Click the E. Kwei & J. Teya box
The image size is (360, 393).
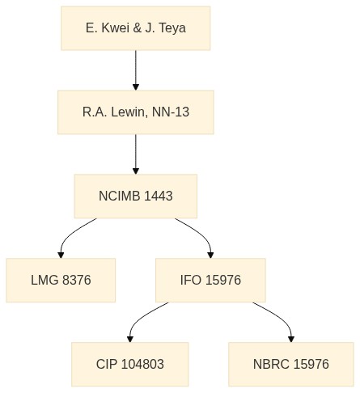coord(136,28)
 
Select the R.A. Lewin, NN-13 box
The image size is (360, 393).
coord(136,112)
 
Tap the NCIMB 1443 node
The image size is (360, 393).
coord(136,196)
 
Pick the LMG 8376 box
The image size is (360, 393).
coord(61,280)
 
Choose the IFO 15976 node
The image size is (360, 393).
coord(210,280)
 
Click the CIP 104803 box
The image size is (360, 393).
coord(130,364)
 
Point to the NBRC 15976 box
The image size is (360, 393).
coord(291,364)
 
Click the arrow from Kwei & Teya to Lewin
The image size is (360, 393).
coord(136,70)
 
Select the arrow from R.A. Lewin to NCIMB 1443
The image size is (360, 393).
coord(136,154)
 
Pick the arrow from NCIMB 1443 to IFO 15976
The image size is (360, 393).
coord(201,234)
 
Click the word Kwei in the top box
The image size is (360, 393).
coord(116,28)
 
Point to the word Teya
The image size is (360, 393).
coord(172,28)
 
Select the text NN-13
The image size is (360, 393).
coord(171,112)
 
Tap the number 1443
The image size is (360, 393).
coord(159,196)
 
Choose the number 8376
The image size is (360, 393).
coord(77,280)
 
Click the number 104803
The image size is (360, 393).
coord(142,364)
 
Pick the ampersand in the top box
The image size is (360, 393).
coord(138,28)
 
